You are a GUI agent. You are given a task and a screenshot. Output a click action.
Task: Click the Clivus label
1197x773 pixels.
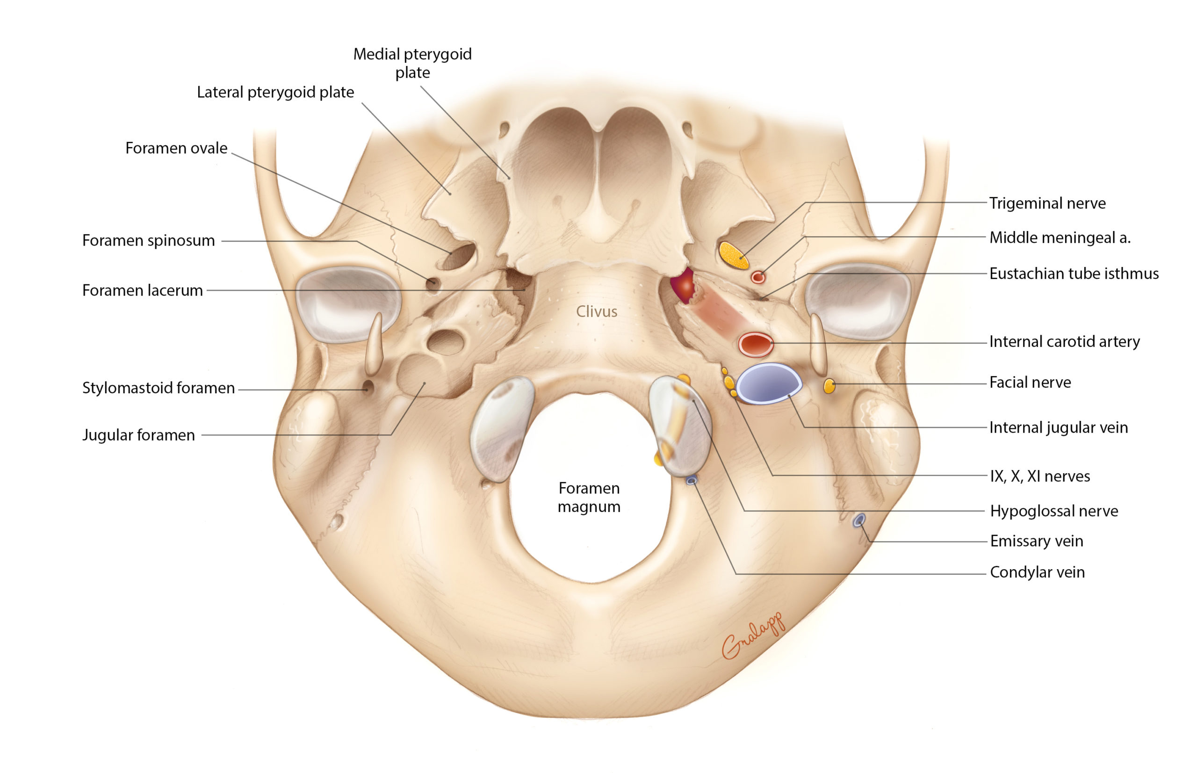point(596,312)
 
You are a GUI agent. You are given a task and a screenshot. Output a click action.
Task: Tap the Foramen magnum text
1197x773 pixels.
point(589,497)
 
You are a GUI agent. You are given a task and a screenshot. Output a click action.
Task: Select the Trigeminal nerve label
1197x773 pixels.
point(1047,203)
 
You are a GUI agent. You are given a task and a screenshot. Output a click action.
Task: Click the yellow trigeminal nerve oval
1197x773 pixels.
point(733,255)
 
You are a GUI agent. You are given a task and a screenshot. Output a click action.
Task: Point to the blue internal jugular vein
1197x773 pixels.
point(767,383)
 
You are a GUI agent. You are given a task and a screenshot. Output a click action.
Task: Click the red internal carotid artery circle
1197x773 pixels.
point(755,345)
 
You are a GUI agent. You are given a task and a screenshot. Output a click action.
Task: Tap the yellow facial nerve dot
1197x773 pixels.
point(829,386)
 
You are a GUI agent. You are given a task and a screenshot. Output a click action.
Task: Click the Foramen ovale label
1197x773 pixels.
point(176,148)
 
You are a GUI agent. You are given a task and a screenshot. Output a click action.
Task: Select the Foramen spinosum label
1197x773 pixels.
point(149,240)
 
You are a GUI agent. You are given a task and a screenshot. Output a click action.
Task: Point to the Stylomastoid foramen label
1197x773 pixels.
point(158,388)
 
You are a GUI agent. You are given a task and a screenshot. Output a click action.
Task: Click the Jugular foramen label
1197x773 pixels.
point(138,435)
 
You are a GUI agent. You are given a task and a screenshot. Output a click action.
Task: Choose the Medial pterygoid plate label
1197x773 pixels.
point(412,63)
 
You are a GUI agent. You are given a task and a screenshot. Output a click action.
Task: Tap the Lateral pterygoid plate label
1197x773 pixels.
point(275,93)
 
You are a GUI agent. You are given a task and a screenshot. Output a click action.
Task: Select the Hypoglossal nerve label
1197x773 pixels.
point(1053,511)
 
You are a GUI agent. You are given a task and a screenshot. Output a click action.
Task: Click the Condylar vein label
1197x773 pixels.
point(1037,572)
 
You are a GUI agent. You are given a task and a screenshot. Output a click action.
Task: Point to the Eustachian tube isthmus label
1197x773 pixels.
point(1074,274)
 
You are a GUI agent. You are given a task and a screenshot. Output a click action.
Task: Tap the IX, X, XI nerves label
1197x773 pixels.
point(1039,476)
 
